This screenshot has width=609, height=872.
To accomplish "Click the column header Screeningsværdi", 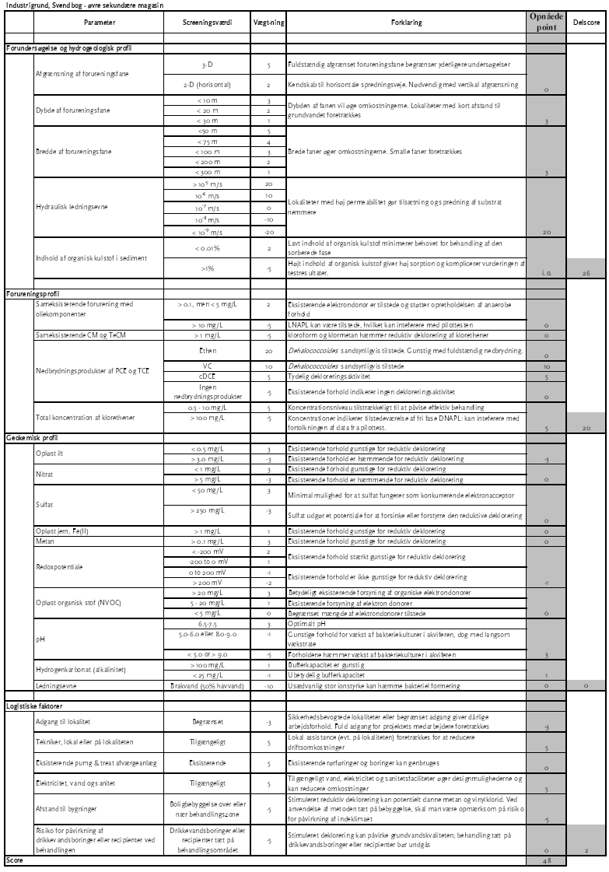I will (x=206, y=23).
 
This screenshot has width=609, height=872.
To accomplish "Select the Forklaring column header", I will (x=408, y=23).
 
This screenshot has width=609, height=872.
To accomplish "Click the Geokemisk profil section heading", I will (x=28, y=438).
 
